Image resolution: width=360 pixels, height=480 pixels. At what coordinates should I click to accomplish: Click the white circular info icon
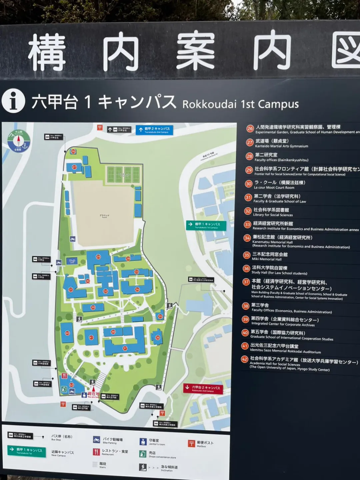point(13,100)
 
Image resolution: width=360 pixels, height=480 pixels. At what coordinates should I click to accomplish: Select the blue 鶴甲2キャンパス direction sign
point(156,130)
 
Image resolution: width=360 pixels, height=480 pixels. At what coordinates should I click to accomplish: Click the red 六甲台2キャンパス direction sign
point(203,389)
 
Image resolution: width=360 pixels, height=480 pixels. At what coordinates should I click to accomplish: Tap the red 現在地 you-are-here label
point(93,394)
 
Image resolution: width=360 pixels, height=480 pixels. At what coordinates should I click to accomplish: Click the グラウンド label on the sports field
point(104,216)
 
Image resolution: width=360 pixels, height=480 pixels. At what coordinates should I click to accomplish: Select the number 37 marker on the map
point(125,348)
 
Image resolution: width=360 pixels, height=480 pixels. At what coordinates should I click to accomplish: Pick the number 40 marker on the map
point(67,333)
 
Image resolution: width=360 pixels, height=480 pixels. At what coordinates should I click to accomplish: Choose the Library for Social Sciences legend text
point(273,215)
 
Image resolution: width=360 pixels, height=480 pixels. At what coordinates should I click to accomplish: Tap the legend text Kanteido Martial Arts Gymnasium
point(281,146)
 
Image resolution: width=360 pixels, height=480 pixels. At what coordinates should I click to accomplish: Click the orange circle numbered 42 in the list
point(244,359)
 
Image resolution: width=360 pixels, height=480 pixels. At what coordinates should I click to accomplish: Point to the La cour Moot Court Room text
point(274,188)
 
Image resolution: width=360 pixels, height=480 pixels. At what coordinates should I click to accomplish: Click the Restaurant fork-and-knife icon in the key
point(96,452)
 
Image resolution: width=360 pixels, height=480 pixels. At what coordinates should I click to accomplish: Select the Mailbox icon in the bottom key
point(191,443)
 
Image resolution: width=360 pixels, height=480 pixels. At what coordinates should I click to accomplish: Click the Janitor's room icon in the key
point(143,442)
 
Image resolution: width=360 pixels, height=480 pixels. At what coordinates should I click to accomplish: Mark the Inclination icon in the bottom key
point(143,467)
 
